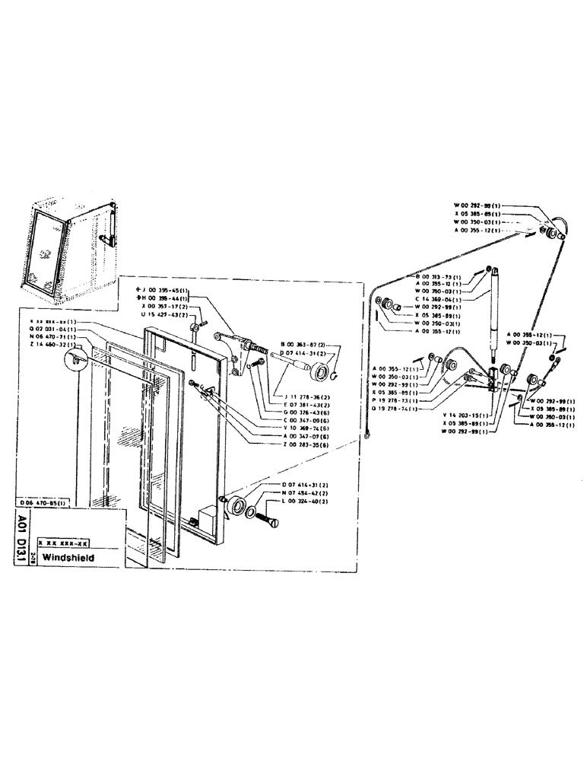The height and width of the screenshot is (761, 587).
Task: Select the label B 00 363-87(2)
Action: pos(303,345)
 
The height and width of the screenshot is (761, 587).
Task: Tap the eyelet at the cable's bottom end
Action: pos(367,437)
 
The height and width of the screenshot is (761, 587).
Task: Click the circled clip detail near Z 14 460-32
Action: pos(76,362)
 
